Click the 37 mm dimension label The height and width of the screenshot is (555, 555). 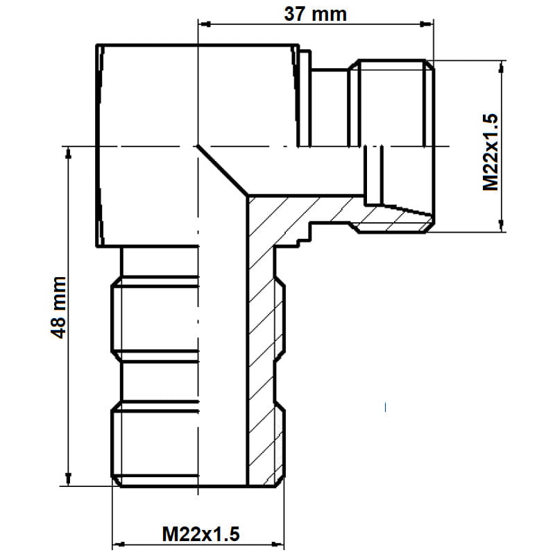[x=316, y=15]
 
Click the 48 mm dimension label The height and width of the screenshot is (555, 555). [x=58, y=307]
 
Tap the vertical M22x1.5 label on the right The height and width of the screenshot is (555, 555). [x=490, y=152]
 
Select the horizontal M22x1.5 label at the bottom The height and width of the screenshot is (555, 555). [x=200, y=534]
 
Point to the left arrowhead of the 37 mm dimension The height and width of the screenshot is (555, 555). [x=205, y=24]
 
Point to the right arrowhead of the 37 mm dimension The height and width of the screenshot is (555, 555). [x=427, y=24]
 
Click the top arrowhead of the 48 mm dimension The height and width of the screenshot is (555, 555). [x=68, y=153]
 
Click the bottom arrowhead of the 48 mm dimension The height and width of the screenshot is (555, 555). [x=68, y=479]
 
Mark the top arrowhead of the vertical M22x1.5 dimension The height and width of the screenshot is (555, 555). [x=501, y=67]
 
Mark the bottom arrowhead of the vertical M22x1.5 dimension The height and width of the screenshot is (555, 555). [x=501, y=225]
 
